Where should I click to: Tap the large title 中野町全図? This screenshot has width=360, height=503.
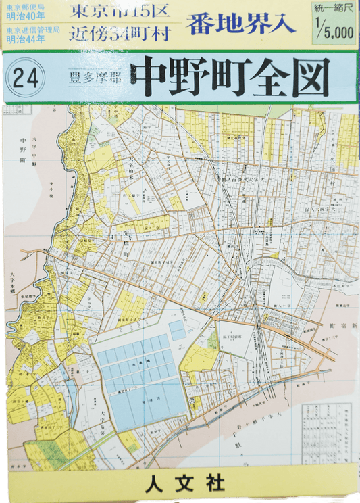click(x=230, y=78)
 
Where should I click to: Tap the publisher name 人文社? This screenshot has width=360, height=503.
click(x=180, y=485)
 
